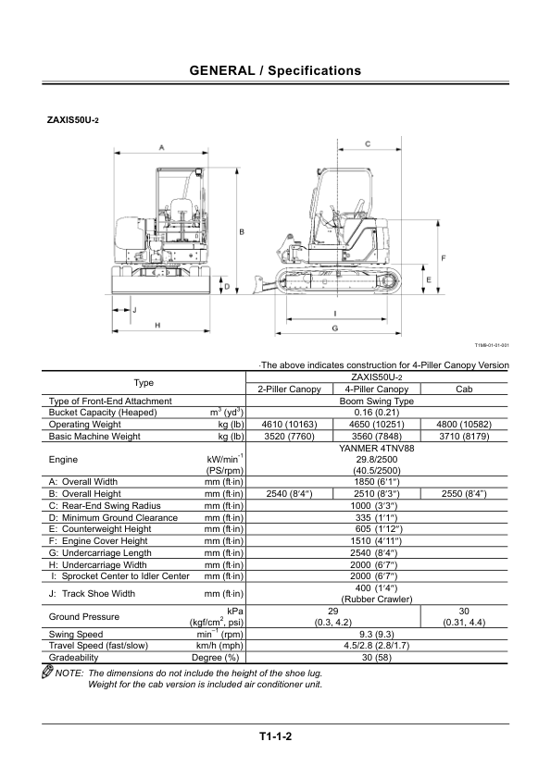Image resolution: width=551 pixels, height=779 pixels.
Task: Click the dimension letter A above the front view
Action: click(x=162, y=147)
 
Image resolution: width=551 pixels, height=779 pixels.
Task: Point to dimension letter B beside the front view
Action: click(x=243, y=231)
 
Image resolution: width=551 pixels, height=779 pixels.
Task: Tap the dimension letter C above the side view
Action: click(x=368, y=144)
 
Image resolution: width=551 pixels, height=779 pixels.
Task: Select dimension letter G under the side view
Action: click(x=334, y=328)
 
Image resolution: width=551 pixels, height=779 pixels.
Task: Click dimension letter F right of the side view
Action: click(x=444, y=258)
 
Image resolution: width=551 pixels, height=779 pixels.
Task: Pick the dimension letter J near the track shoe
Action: click(x=134, y=310)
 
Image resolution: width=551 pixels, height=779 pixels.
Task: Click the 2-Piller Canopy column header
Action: click(x=290, y=389)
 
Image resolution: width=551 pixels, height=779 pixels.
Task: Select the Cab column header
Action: click(x=464, y=389)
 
